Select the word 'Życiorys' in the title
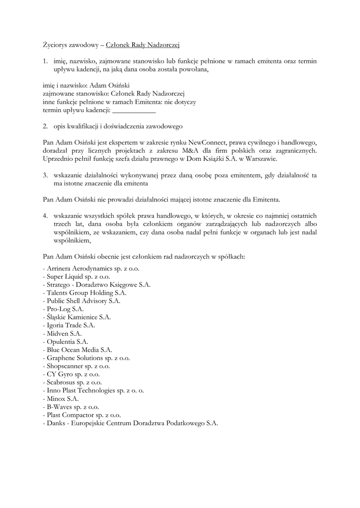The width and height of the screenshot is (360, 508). [57, 45]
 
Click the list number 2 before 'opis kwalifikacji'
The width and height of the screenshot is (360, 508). [45, 126]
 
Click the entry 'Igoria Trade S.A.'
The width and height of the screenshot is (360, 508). [69, 325]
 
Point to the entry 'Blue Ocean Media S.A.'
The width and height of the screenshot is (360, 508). [77, 350]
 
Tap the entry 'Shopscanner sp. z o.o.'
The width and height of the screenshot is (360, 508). [76, 366]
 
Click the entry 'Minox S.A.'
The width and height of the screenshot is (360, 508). [61, 398]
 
